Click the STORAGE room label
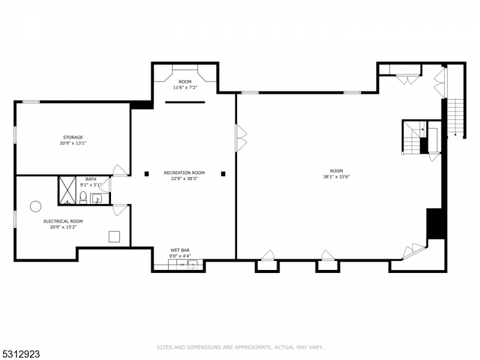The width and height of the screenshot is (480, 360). tap(73, 137)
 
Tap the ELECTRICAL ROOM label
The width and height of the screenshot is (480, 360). tap(63, 221)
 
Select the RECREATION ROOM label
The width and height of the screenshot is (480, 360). tap(184, 173)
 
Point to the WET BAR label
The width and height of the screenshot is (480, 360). tap(180, 250)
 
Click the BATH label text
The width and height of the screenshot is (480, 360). tap(91, 179)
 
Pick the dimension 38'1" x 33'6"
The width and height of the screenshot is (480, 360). tap(337, 176)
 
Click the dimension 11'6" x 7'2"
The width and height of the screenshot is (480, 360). tap(185, 88)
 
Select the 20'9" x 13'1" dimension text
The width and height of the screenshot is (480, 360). tap(73, 143)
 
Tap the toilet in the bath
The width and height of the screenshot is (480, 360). tap(83, 197)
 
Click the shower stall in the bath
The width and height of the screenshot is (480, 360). tap(67, 190)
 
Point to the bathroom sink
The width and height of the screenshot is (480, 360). tap(98, 199)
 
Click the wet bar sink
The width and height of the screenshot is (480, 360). tap(193, 265)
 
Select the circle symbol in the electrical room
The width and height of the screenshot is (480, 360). tap(35, 206)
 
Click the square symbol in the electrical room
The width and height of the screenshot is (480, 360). tap(114, 236)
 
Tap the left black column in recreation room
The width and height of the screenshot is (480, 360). tap(146, 174)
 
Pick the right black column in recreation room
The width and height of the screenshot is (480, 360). tap(223, 174)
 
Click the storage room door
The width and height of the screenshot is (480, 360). tap(120, 170)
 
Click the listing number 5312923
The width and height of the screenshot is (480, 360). tap(20, 354)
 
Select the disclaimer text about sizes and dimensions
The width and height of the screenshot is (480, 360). tap(240, 347)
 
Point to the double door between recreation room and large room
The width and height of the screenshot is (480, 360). tap(241, 138)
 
